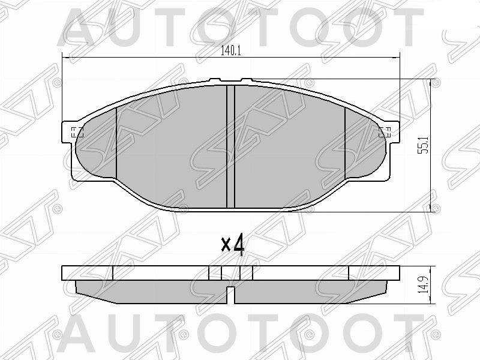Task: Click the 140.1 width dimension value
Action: point(230,51)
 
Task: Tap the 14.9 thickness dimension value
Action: point(425,284)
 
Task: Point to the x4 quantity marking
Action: point(233,244)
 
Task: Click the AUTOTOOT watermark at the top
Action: point(240,27)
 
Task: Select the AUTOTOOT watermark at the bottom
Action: point(240,336)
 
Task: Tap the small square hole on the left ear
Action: point(76,133)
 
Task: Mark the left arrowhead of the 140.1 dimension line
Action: point(66,58)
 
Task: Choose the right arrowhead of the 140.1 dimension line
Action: point(397,58)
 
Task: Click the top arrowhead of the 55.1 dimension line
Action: point(433,82)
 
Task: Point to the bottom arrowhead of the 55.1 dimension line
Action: point(433,208)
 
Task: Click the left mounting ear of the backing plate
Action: point(68,133)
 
